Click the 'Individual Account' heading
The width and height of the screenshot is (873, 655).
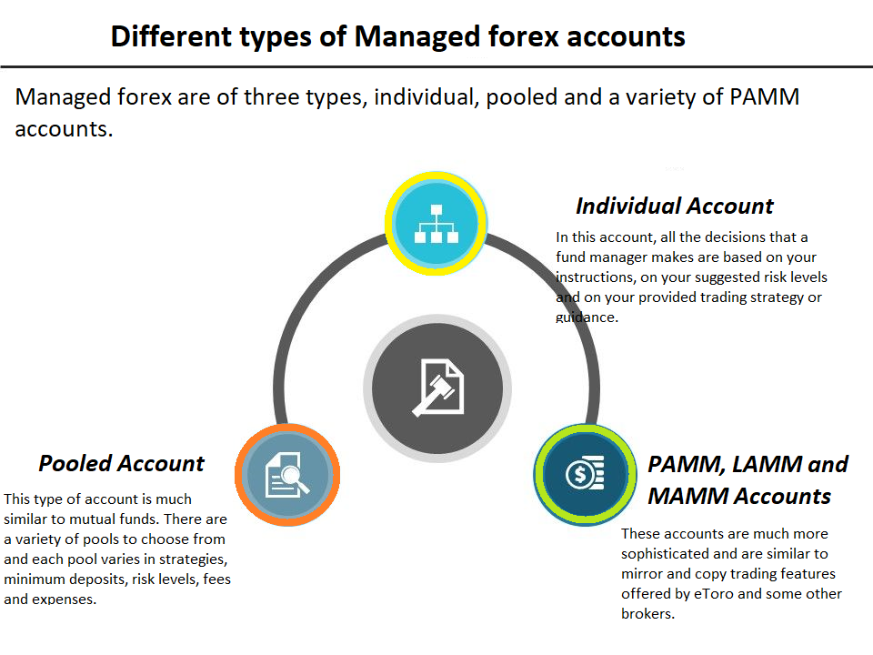coord(674,207)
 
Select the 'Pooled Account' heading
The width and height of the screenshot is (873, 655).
coord(121,463)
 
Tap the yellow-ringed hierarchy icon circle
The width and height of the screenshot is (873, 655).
coord(436,224)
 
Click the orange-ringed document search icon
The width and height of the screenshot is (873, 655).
coord(287,475)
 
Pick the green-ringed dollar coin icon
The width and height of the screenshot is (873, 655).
coord(585,475)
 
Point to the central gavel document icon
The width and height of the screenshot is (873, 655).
coord(437,388)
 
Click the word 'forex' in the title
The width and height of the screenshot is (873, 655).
coord(524,36)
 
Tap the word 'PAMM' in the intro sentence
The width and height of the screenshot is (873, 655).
coord(764,97)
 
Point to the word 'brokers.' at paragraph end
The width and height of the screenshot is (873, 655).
coord(648,614)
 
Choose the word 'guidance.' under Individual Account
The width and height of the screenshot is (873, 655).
coord(587,317)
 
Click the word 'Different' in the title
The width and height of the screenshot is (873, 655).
coord(171,36)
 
